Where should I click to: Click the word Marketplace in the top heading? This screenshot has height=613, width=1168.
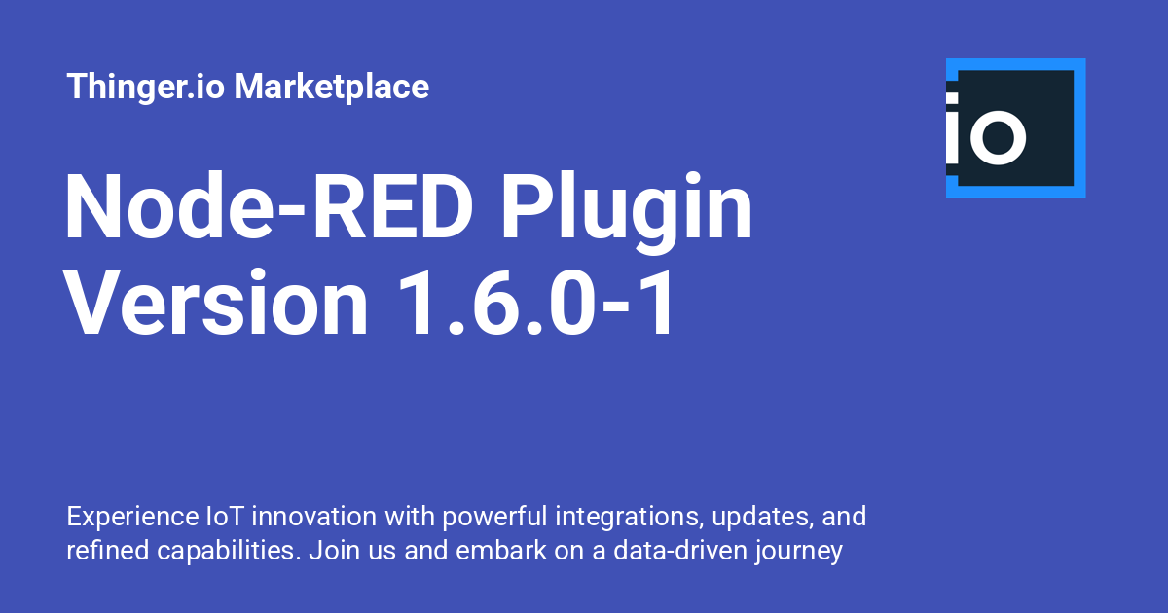point(332,87)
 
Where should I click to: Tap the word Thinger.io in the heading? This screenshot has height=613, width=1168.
point(145,87)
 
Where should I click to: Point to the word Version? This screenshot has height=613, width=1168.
point(216,303)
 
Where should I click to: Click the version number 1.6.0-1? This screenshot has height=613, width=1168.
point(536,303)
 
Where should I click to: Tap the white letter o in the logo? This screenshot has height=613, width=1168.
point(999,137)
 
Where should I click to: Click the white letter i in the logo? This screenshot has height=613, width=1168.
point(953,127)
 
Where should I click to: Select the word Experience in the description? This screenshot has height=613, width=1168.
point(132,518)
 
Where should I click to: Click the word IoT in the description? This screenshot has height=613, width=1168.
point(225,517)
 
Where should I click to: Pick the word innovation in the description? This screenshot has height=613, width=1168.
point(314,517)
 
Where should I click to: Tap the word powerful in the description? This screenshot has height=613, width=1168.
point(494,518)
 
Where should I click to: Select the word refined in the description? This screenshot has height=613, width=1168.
point(108,551)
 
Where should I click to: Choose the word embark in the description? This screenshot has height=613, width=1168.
point(501,551)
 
